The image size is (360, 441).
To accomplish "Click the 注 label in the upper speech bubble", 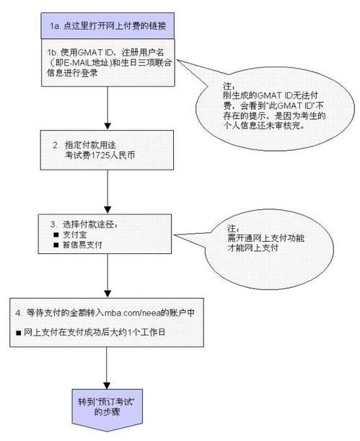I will point(229,84).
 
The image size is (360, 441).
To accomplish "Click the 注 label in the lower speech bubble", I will point(229,226).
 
